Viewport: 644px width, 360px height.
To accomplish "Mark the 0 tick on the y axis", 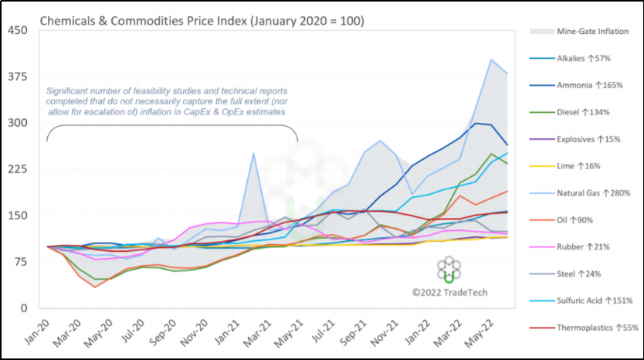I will pyautogui.click(x=24, y=308).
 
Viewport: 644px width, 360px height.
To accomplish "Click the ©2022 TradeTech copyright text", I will pyautogui.click(x=449, y=293).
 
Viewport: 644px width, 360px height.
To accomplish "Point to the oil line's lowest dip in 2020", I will pyautogui.click(x=95, y=287).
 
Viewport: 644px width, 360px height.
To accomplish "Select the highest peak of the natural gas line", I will pyautogui.click(x=491, y=59).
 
